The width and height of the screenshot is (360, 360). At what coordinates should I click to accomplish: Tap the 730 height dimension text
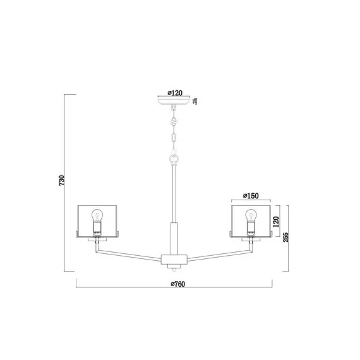tap(61, 181)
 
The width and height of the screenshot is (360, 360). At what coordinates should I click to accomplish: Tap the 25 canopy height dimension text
tap(195, 100)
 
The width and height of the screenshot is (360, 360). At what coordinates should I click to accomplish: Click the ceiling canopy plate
tap(173, 102)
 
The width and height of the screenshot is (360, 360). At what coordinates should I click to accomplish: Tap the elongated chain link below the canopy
tap(173, 136)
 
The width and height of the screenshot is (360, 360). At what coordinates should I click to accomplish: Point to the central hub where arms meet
tap(173, 259)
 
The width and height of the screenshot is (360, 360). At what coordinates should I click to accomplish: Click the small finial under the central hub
tap(173, 268)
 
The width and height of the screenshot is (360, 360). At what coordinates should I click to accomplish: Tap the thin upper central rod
tap(173, 189)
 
